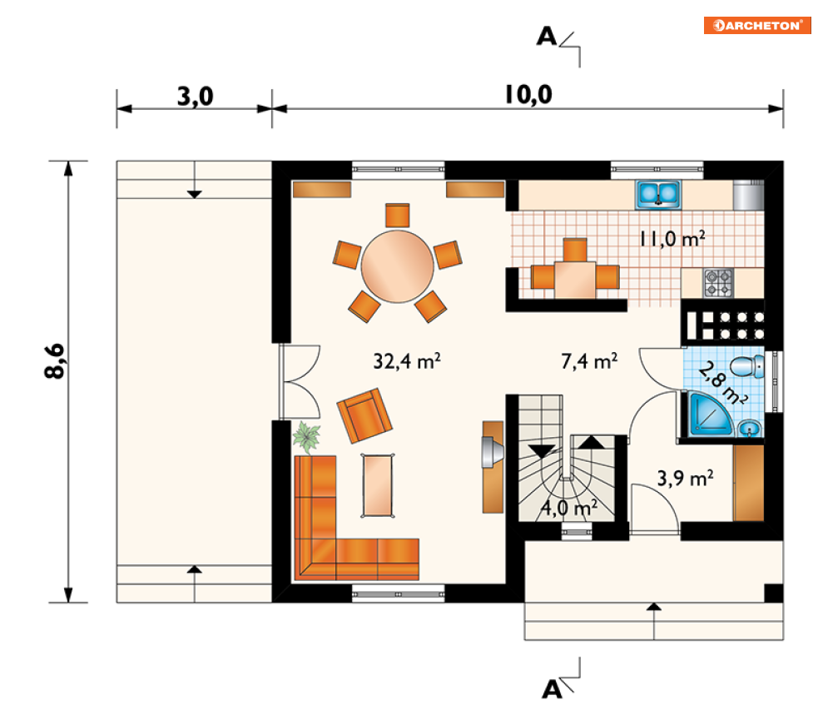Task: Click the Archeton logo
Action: (x=756, y=25)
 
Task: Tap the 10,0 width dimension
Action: (x=528, y=95)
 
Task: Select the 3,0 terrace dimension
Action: (x=195, y=97)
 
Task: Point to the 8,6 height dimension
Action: (x=54, y=361)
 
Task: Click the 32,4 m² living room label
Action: (x=407, y=361)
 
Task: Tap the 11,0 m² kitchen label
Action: (x=672, y=239)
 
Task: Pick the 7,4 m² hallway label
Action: (x=589, y=361)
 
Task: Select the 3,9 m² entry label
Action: (x=685, y=479)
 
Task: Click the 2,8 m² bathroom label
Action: (x=721, y=383)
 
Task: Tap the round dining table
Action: (x=397, y=266)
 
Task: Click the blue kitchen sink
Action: (x=658, y=195)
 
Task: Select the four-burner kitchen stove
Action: (x=718, y=282)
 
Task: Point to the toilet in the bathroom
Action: (x=746, y=366)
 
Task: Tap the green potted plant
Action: (x=306, y=437)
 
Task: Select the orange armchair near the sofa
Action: (x=364, y=416)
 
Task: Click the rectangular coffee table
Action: (x=378, y=485)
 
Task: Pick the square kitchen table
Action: (x=575, y=280)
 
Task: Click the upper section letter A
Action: (x=547, y=37)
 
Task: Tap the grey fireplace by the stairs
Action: (x=492, y=453)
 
